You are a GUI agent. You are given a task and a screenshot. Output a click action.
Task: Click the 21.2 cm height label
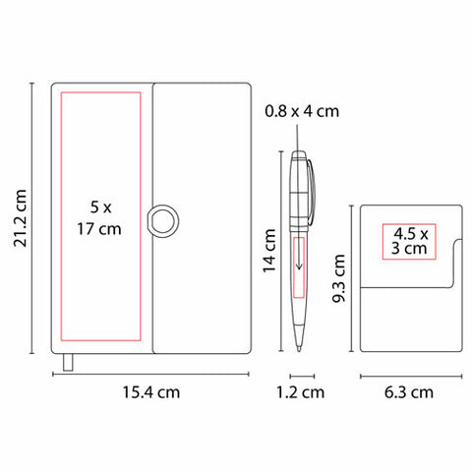20,218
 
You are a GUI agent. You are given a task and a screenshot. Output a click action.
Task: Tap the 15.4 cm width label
151,392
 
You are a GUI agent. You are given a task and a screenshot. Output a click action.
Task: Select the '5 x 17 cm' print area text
99,218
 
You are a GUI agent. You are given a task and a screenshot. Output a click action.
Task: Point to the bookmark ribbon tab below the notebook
68,362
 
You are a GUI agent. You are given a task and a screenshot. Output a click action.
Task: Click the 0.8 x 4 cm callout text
302,111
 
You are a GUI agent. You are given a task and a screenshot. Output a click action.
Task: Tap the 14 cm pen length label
269,251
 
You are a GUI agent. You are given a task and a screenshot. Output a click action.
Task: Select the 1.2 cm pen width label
300,392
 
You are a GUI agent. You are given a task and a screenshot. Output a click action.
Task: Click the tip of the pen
299,350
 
